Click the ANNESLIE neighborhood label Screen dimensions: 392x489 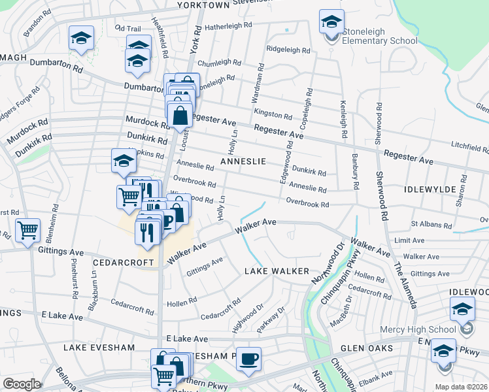243,161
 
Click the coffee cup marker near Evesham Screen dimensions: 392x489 248,359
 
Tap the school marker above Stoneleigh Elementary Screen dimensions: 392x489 331,22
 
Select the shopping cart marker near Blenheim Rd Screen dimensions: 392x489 28,230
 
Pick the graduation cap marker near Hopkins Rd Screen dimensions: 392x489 124,160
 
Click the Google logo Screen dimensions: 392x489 22,384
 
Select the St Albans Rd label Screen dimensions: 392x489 428,223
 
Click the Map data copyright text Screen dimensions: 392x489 462,387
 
